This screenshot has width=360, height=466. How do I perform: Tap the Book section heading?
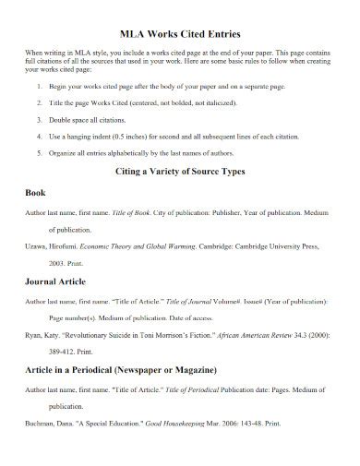pyautogui.click(x=35, y=195)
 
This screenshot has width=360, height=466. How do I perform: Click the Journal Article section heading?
pyautogui.click(x=59, y=281)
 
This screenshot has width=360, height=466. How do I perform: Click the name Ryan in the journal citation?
pyautogui.click(x=33, y=337)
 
